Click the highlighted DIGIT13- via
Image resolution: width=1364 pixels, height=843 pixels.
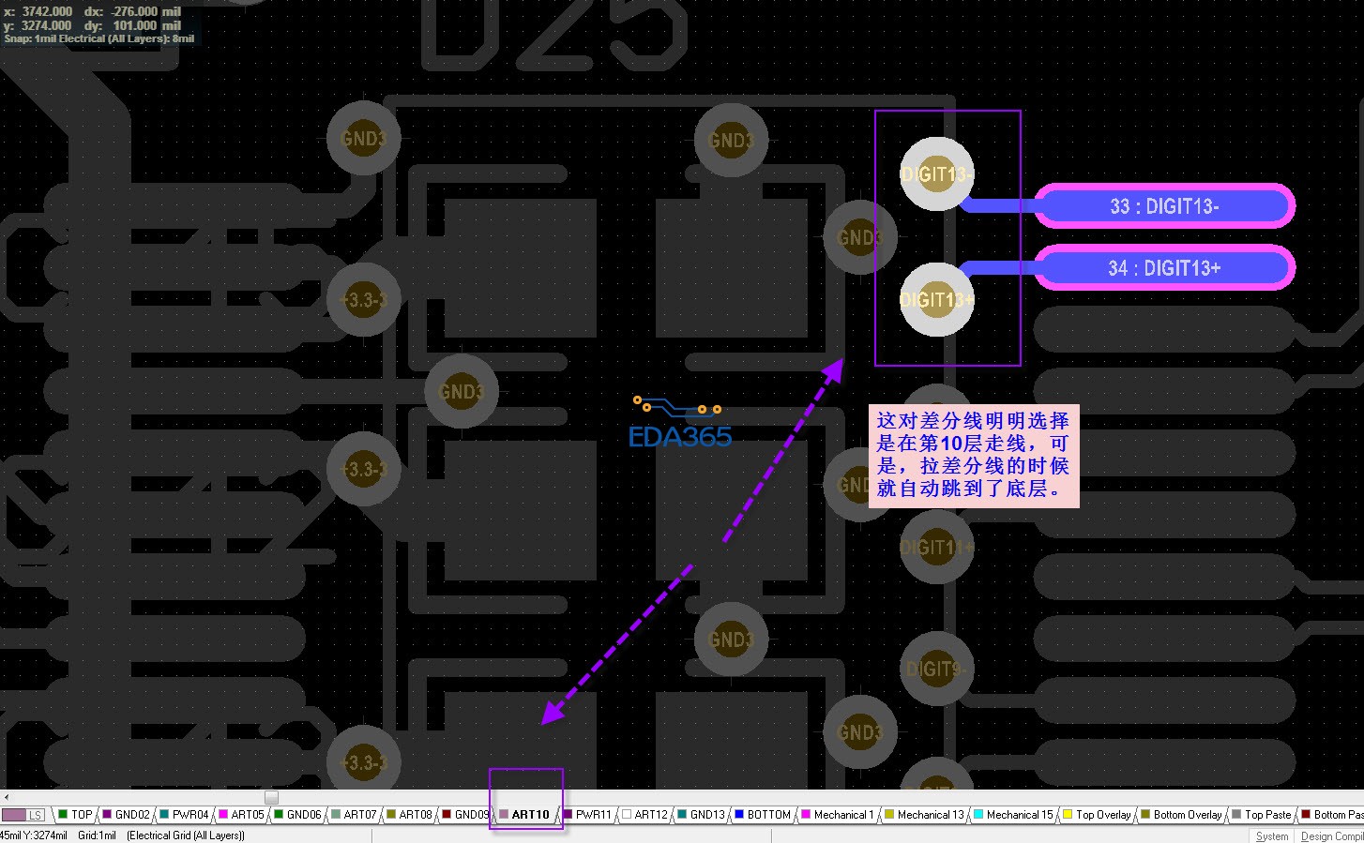click(936, 174)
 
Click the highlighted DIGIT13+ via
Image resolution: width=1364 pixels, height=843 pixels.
click(936, 299)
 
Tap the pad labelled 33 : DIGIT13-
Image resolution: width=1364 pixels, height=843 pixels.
click(1163, 206)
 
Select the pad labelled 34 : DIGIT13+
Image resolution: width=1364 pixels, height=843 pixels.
click(1163, 268)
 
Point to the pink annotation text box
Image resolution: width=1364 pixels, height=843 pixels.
click(973, 456)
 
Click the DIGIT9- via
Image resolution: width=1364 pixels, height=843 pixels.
click(935, 669)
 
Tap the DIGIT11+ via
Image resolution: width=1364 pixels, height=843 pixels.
click(935, 547)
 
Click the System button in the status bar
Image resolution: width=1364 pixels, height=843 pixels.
click(1271, 835)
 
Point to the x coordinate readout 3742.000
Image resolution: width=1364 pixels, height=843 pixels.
click(47, 11)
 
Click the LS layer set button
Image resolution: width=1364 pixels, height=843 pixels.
click(24, 815)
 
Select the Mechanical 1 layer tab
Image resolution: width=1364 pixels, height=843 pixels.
click(842, 815)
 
